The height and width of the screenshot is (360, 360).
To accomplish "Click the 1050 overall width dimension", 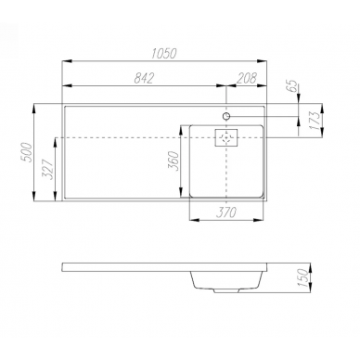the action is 164,54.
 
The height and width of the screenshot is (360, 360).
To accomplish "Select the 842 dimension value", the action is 144,78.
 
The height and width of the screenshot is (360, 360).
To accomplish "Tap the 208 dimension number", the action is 247,78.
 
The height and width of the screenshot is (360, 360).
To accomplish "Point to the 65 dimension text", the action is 292,85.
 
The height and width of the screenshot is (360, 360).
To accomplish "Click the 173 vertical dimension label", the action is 315,122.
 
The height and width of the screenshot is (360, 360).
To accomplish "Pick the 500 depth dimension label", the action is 27,152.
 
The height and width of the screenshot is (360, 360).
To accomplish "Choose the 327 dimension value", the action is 48,170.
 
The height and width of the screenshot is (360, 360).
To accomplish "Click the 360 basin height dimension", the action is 174,161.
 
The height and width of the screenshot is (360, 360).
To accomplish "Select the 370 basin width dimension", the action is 226,212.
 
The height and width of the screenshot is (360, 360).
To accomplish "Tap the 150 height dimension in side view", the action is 304,278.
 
